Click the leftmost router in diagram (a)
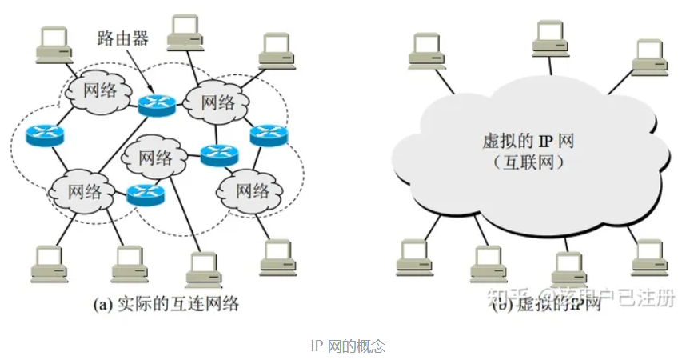click(x=43, y=134)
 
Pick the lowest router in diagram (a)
click(x=146, y=192)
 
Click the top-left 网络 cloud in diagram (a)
click(x=94, y=90)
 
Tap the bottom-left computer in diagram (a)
click(x=48, y=265)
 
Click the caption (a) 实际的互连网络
click(x=166, y=305)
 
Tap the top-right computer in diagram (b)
click(x=650, y=54)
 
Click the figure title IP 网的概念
click(x=347, y=347)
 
